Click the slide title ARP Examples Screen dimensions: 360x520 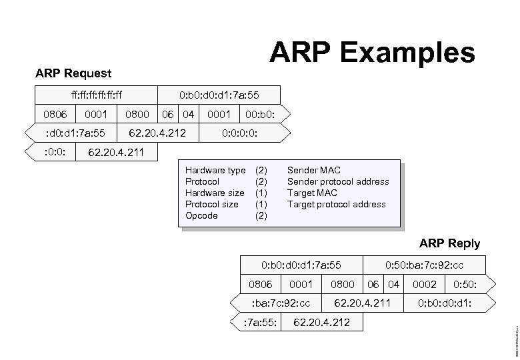[372, 53]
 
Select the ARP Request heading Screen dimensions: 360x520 [73, 73]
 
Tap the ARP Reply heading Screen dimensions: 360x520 [449, 243]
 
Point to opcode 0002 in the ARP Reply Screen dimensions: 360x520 [425, 285]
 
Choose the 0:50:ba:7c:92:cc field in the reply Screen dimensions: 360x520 [425, 265]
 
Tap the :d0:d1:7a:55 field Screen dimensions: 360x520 [74, 133]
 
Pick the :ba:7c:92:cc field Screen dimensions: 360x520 [280, 304]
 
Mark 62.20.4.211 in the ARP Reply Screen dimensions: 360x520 [362, 304]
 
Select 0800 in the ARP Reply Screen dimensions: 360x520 [342, 285]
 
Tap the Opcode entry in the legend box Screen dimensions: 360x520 [201, 216]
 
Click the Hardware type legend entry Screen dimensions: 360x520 [215, 171]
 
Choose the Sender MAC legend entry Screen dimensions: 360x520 [313, 171]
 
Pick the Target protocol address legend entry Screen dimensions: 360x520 [336, 205]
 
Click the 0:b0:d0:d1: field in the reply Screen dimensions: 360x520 [445, 304]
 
